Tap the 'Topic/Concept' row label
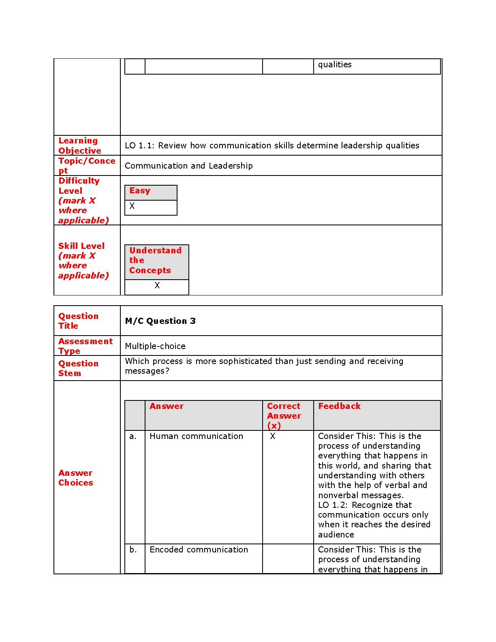pos(86,165)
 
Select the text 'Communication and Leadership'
pos(188,166)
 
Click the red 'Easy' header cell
pos(140,191)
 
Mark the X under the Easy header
pos(132,206)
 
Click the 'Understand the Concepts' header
pos(156,260)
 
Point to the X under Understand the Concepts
pos(157,285)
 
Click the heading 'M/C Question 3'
pos(160,321)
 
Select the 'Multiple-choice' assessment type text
pos(155,346)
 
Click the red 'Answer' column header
pos(167,406)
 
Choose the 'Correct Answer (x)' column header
pos(284,415)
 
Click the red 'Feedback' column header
pos(339,406)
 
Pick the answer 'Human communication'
pos(196,436)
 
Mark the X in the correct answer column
pos(273,436)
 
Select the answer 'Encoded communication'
pos(199,550)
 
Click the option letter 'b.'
pos(133,550)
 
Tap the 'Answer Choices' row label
pos(75,478)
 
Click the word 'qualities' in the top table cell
pos(335,65)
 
